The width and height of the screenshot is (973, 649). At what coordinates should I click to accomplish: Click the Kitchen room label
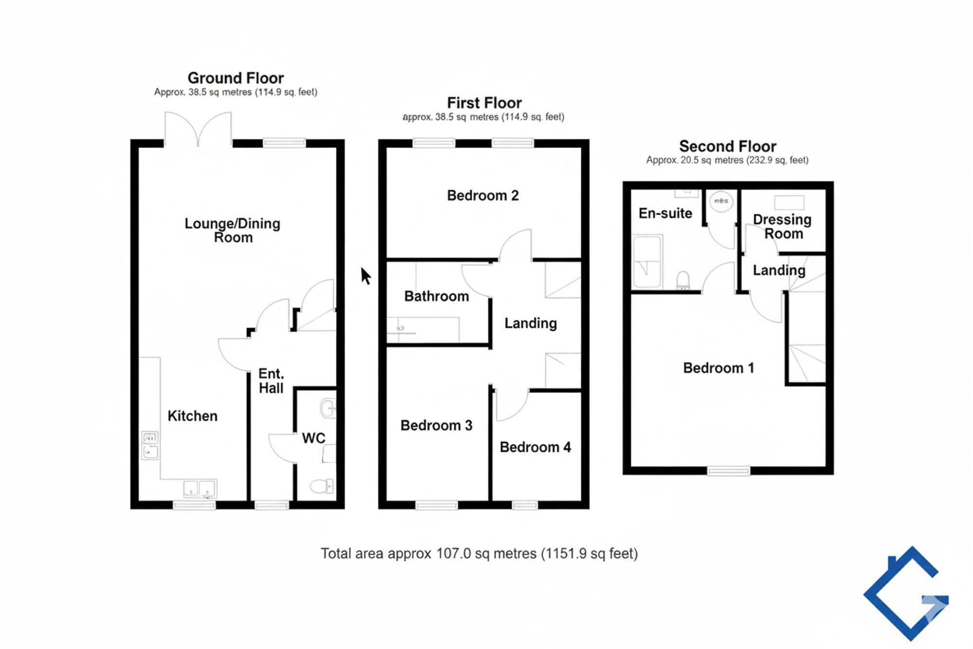(192, 416)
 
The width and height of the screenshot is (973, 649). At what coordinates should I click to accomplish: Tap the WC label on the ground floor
(313, 438)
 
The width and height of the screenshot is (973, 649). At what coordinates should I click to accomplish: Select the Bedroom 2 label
(483, 196)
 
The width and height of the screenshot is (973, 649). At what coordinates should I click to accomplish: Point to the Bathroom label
(436, 296)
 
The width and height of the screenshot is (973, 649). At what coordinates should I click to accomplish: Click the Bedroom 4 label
(535, 447)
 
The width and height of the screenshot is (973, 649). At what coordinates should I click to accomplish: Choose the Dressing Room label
(782, 226)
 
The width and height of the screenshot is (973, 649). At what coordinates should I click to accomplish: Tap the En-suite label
(665, 213)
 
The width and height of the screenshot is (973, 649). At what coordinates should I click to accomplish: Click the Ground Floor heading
(235, 78)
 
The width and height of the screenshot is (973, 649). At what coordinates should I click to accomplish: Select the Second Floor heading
(727, 146)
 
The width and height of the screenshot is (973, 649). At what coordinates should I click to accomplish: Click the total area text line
(479, 554)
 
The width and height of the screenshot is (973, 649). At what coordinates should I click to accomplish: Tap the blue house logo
(906, 593)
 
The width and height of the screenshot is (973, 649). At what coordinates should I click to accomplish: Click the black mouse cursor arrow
(366, 276)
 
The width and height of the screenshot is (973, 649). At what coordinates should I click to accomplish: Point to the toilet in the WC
(322, 485)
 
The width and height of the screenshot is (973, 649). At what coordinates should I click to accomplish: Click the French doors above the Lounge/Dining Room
(198, 129)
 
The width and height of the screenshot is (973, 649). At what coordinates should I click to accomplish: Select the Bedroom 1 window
(728, 471)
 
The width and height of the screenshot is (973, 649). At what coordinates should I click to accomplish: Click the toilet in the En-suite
(683, 280)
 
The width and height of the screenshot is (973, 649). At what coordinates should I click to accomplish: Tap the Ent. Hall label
(271, 381)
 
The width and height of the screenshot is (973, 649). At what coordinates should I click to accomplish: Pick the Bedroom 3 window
(437, 505)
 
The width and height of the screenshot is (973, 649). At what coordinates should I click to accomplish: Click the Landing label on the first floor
(530, 323)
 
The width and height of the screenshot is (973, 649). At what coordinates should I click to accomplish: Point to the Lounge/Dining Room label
(233, 230)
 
